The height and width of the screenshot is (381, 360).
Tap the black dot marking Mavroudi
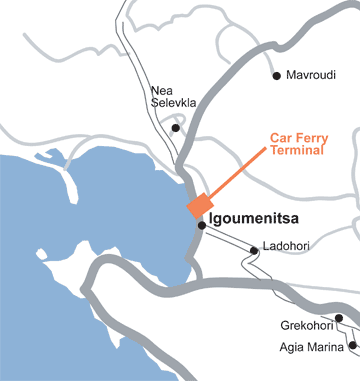[276, 75]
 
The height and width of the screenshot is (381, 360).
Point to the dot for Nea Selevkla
[176, 128]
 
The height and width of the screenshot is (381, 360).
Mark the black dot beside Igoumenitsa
[201, 226]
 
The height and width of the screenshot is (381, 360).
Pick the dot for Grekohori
[339, 318]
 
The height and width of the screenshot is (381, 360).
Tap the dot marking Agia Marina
[352, 347]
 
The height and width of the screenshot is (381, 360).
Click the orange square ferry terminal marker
[198, 205]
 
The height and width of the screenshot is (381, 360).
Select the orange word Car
[283, 139]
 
